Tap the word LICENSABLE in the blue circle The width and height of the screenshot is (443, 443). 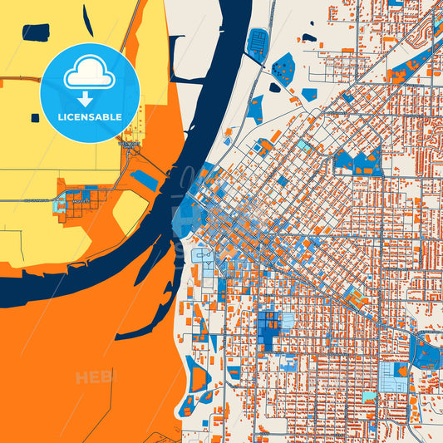point(89,117)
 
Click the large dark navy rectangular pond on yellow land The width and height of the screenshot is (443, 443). point(36,32)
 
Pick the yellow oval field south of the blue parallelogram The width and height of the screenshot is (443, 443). point(130,211)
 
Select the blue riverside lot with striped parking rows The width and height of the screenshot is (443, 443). point(258,44)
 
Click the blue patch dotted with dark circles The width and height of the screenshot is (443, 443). point(283,69)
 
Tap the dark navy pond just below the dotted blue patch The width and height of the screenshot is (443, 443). point(274,87)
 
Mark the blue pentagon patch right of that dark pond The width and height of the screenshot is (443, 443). point(308,94)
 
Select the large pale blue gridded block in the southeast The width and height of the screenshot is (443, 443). point(392,376)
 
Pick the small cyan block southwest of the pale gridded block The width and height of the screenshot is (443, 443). point(368,397)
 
